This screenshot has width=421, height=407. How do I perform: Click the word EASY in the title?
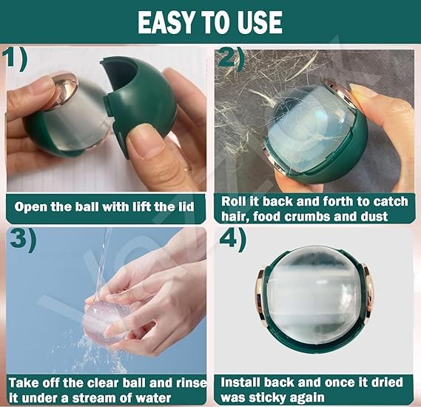tap(166, 22)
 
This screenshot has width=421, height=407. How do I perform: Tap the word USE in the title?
tap(258, 22)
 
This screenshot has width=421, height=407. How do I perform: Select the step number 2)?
tap(230, 57)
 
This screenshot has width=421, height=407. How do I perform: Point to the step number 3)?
tap(23, 240)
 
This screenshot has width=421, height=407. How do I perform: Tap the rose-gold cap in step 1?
tap(64, 90)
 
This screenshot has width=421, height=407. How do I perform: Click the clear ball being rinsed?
tap(105, 322)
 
